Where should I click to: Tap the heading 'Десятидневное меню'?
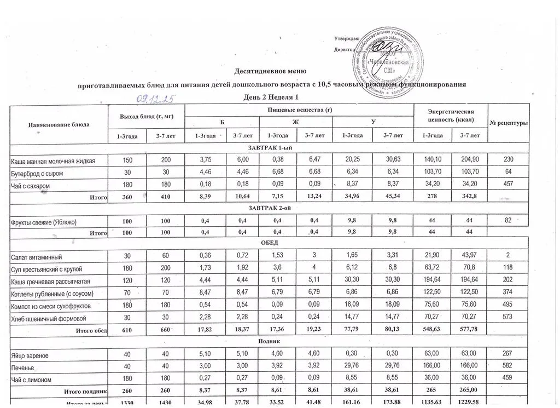point(270,72)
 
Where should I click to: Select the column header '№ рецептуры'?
point(509,123)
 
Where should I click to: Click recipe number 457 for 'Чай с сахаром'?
point(509,187)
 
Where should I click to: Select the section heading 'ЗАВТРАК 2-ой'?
point(270,209)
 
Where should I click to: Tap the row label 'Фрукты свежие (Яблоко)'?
point(48,222)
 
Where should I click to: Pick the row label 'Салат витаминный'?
point(37,257)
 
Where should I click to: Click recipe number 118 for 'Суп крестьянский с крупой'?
point(509,269)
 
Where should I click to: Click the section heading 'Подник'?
point(270,343)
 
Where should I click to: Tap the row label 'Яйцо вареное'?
point(30,357)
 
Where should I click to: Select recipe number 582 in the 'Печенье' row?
point(509,368)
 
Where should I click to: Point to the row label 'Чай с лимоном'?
point(32,380)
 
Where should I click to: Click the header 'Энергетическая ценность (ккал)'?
point(451,116)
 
